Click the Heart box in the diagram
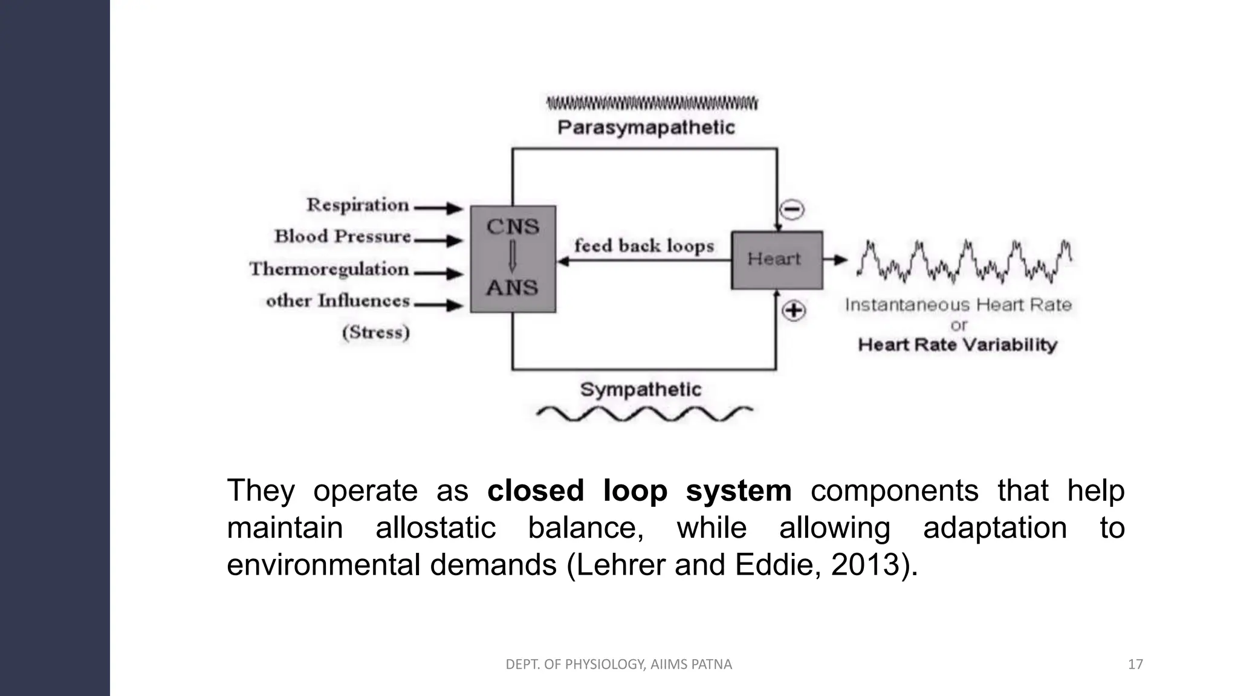(x=777, y=260)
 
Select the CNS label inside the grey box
(x=513, y=227)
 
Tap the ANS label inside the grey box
(x=512, y=288)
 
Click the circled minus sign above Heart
(x=792, y=210)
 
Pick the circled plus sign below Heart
(x=794, y=311)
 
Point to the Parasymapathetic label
(x=646, y=127)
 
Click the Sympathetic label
(x=640, y=390)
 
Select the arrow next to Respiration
(x=438, y=208)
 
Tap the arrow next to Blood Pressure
(x=438, y=240)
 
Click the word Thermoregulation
(x=329, y=269)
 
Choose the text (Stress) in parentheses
(x=375, y=332)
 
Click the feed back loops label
(x=644, y=246)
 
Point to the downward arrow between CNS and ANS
(x=512, y=257)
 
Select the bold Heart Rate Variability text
(x=958, y=345)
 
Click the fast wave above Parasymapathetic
(x=652, y=103)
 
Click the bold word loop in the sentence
(x=635, y=491)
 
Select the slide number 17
(x=1135, y=665)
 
